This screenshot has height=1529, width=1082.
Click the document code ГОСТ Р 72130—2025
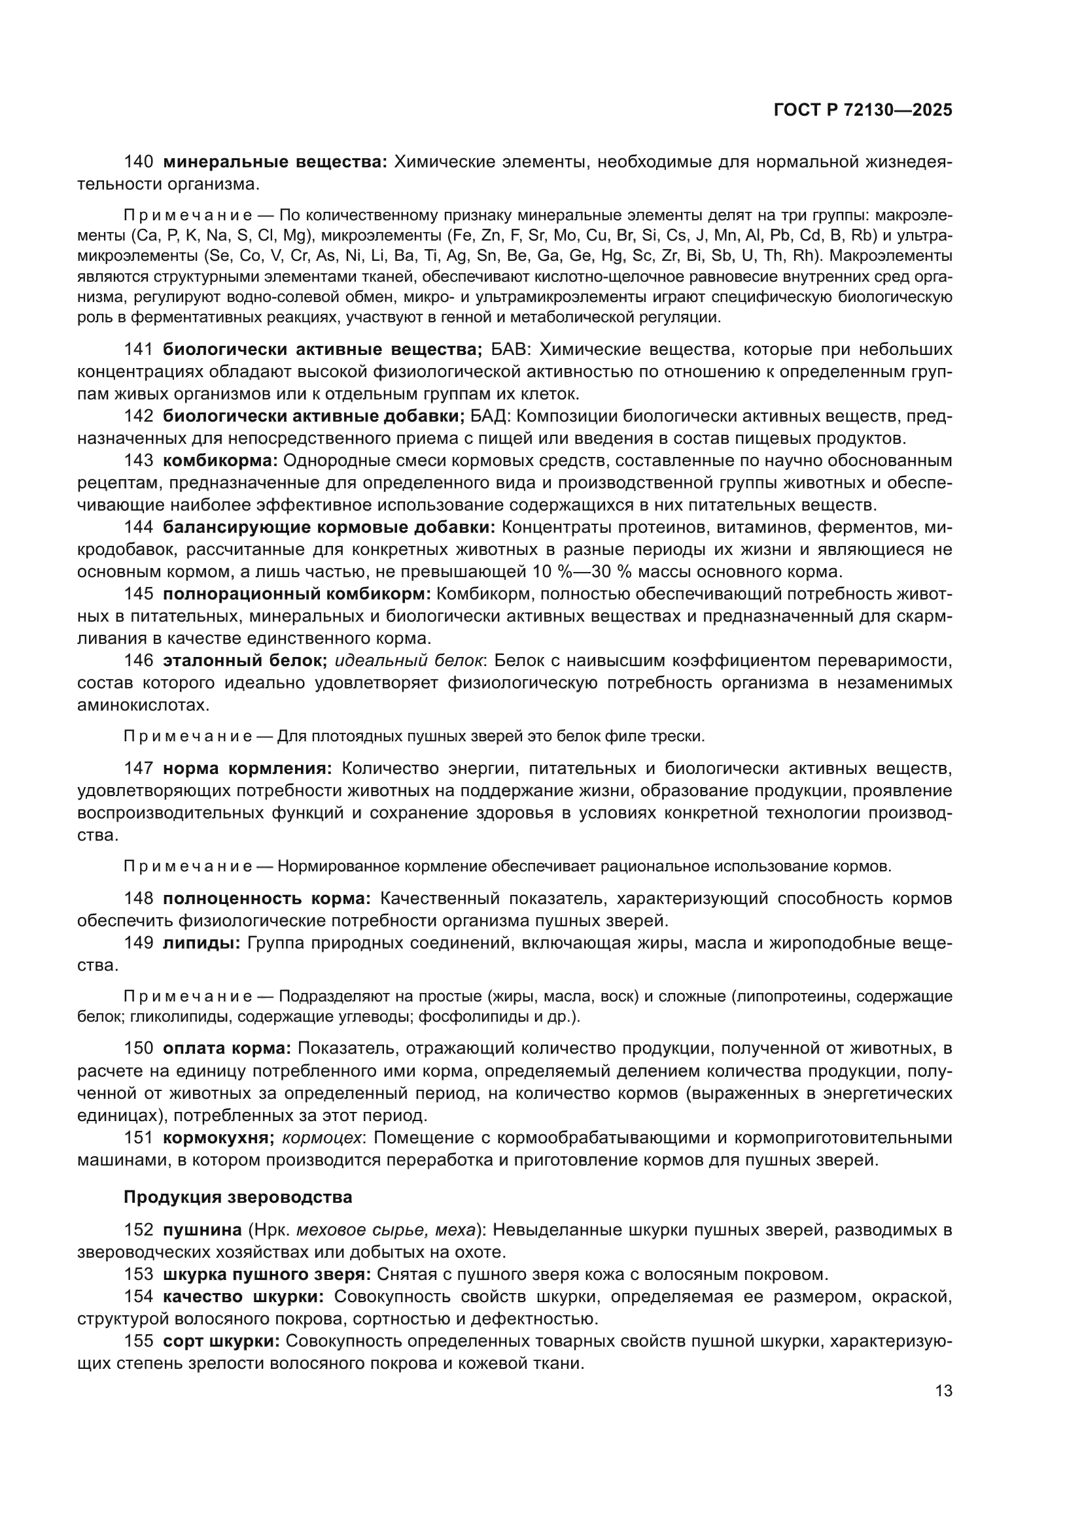pos(863,110)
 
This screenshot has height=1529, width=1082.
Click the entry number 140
pos(139,162)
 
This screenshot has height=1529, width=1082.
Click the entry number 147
pos(139,769)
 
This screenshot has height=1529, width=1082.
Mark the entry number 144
pos(139,528)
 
